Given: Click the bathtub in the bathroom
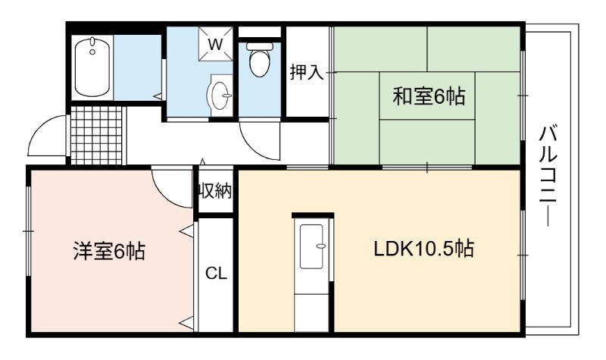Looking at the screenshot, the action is pyautogui.click(x=92, y=67).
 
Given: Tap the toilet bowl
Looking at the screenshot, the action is pyautogui.click(x=259, y=60).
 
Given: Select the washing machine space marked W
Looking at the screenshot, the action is pyautogui.click(x=216, y=44).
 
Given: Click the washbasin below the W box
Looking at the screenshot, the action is pyautogui.click(x=220, y=95).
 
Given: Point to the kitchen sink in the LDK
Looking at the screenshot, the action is pyautogui.click(x=311, y=246).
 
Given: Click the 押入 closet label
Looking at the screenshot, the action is pyautogui.click(x=307, y=72).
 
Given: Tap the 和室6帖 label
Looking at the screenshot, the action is pyautogui.click(x=429, y=96).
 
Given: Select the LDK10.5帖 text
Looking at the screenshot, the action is pyautogui.click(x=423, y=249).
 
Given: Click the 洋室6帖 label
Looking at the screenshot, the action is pyautogui.click(x=109, y=251).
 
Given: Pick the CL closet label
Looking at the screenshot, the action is pyautogui.click(x=216, y=274).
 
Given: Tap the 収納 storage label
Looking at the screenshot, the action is pyautogui.click(x=215, y=191).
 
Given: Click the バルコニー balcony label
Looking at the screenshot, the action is pyautogui.click(x=548, y=177).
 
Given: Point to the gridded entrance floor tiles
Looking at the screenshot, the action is pyautogui.click(x=97, y=136).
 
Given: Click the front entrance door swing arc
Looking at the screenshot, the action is pyautogui.click(x=42, y=130).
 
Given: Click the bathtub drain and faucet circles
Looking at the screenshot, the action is pyautogui.click(x=92, y=45).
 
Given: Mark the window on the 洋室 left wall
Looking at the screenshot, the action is pyautogui.click(x=28, y=231).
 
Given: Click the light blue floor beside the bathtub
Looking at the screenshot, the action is pyautogui.click(x=137, y=68).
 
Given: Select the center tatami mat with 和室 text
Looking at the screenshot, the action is pyautogui.click(x=427, y=95).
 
